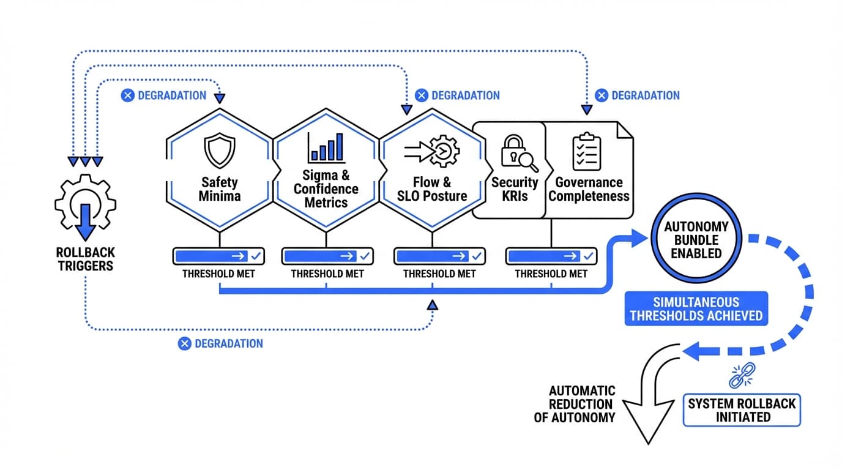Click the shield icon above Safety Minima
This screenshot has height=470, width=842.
[x=219, y=152]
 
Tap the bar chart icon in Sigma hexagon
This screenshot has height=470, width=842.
[x=326, y=147]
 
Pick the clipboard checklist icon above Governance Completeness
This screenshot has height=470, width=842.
[x=586, y=151]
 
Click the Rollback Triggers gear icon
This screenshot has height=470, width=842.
[x=85, y=209]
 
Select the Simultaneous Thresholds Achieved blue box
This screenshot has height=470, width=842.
[x=696, y=308]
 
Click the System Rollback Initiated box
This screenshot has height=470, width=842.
[x=741, y=410]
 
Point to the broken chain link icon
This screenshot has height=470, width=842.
[x=742, y=375]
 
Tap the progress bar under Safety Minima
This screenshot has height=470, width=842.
[x=218, y=256]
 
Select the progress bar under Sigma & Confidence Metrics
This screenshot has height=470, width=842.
[x=327, y=256]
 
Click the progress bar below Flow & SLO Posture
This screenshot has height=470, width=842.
[x=439, y=256]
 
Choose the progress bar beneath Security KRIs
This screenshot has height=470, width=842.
[x=551, y=256]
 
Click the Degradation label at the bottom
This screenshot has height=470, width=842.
[x=221, y=343]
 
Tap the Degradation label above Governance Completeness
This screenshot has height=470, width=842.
[x=638, y=95]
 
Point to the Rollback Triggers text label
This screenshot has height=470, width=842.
[x=85, y=259]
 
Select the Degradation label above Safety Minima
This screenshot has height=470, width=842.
[x=163, y=95]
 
